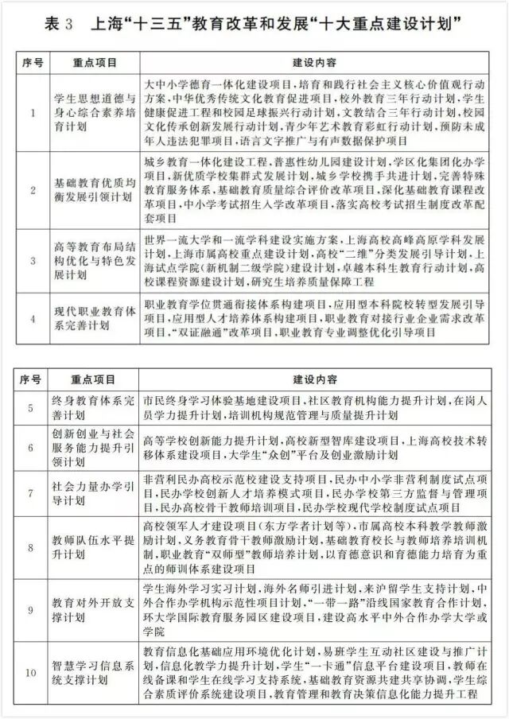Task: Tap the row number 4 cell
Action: (32, 318)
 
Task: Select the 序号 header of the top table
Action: (32, 61)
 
